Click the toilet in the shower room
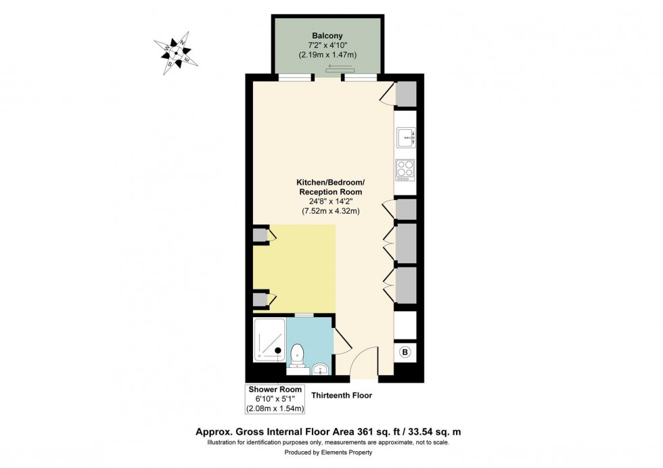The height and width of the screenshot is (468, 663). pos(296,355)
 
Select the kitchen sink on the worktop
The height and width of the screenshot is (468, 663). pos(405,138)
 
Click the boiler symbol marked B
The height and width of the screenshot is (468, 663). pos(405,352)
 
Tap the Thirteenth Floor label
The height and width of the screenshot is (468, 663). pos(342,395)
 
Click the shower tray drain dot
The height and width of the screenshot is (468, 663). pos(278,350)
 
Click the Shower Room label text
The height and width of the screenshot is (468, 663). pos(275,390)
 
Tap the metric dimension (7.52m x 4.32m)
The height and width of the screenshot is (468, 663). pos(330,211)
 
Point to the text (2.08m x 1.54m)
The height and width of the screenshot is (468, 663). pos(275,408)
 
